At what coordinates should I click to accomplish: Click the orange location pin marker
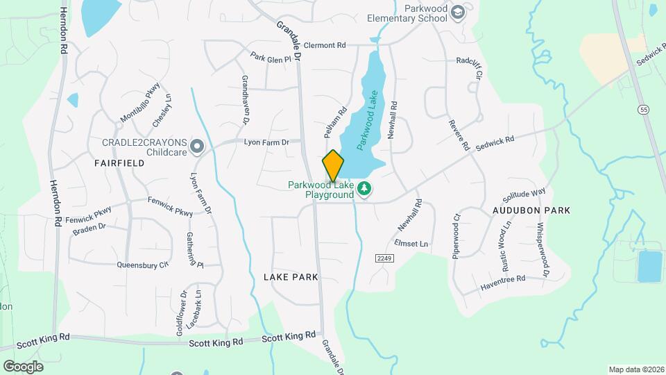click(x=333, y=165)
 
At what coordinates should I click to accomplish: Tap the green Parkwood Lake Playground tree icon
click(x=364, y=189)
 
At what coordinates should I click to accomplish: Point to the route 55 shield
click(x=644, y=110)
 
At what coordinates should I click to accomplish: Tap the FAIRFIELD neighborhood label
click(x=119, y=163)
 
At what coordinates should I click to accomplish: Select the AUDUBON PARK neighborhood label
click(x=531, y=210)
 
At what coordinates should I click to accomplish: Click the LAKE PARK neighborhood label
click(x=291, y=276)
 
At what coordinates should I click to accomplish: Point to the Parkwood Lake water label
click(x=368, y=120)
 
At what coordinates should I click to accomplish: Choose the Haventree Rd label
click(x=503, y=282)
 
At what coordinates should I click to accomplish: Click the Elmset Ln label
click(x=411, y=244)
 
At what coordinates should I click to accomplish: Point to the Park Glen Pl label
click(x=271, y=59)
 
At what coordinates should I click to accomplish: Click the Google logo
click(x=23, y=366)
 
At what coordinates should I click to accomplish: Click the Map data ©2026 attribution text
click(x=635, y=369)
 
